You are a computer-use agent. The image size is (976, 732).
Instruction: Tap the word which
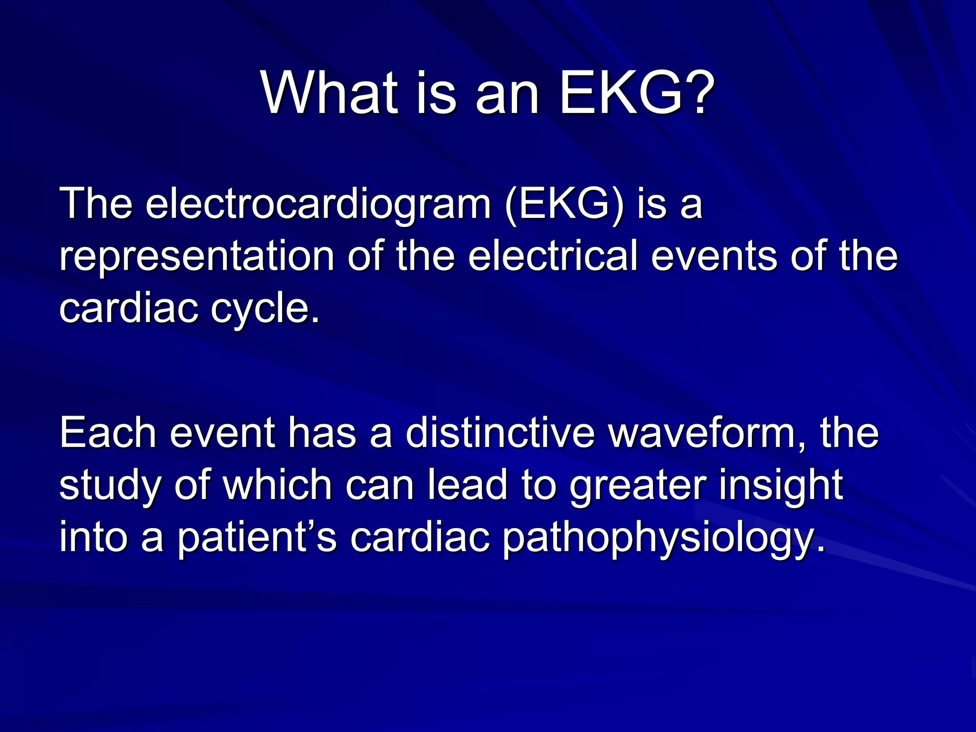[277, 485]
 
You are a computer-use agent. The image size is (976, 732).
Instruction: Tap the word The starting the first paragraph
[95, 204]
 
